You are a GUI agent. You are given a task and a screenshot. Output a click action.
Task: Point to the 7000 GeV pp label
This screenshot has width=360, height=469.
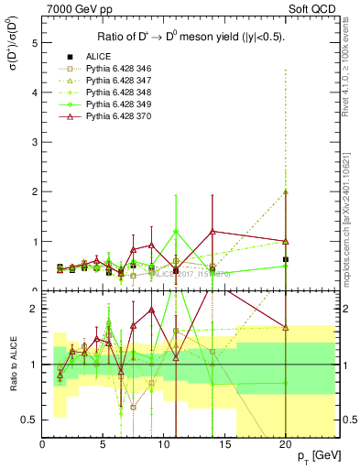click(x=72, y=8)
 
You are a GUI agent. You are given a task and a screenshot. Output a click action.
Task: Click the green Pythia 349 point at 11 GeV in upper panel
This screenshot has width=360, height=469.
click(x=176, y=232)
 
